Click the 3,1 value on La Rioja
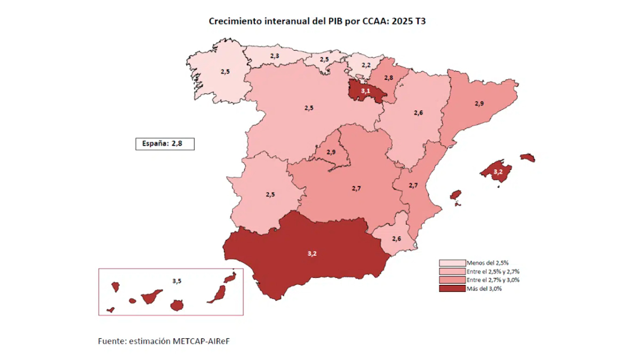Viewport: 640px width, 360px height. [365, 92]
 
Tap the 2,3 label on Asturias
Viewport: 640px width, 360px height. [274, 56]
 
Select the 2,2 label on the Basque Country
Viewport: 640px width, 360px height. [366, 65]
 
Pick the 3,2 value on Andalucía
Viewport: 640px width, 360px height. [312, 253]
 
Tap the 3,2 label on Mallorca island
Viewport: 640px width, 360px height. [498, 172]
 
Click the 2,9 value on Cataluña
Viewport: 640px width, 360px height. [479, 103]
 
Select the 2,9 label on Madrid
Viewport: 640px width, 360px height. [331, 153]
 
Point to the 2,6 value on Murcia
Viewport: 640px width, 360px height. [396, 238]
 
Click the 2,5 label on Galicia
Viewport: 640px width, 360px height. [225, 71]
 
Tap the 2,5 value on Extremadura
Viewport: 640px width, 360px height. [270, 195]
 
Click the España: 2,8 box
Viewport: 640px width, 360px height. [165, 143]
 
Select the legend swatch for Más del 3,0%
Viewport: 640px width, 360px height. [451, 289]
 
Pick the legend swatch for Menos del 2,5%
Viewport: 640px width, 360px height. [451, 263]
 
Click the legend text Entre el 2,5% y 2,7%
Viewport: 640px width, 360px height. [492, 271]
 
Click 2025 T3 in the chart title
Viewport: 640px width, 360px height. [412, 21]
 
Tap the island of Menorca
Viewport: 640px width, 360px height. [527, 157]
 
